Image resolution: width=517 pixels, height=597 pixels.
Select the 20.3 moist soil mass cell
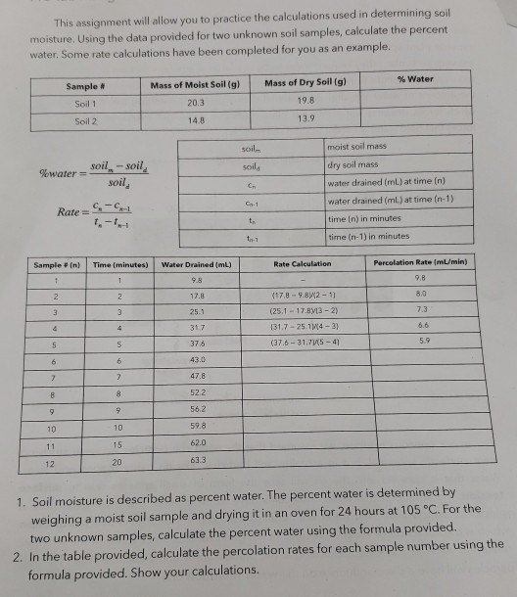pyautogui.click(x=193, y=102)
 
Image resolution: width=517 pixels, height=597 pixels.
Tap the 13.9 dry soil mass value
pyautogui.click(x=306, y=117)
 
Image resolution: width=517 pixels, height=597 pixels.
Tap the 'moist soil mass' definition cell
pyautogui.click(x=359, y=146)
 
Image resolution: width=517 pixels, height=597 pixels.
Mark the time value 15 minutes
pyautogui.click(x=116, y=442)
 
